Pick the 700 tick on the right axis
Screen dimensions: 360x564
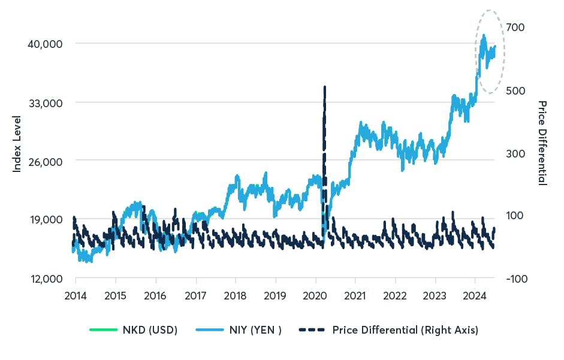(x=518, y=28)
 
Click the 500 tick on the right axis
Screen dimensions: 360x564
(x=518, y=90)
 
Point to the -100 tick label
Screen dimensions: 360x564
(x=517, y=279)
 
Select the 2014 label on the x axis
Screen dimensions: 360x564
(x=76, y=295)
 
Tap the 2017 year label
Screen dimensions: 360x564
(x=195, y=295)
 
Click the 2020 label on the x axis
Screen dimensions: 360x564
(x=315, y=295)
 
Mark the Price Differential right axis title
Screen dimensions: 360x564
(x=542, y=143)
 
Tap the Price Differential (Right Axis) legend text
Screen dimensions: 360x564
(x=405, y=330)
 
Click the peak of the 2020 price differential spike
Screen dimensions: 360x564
(x=324, y=87)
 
